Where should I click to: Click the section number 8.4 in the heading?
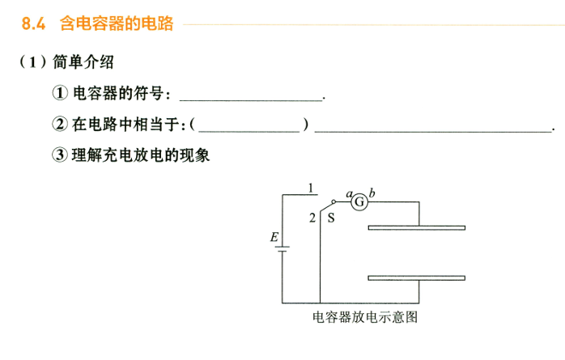[x=33, y=23]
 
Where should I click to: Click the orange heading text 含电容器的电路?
[x=117, y=23]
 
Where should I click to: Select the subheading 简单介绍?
[x=83, y=62]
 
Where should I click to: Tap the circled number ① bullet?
[x=60, y=93]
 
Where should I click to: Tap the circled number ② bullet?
[x=60, y=124]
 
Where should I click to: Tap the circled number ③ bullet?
[x=60, y=155]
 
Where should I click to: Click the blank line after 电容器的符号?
[x=251, y=100]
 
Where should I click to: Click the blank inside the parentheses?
[x=249, y=131]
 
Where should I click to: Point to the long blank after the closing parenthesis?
[x=433, y=131]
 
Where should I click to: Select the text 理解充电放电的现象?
[x=141, y=155]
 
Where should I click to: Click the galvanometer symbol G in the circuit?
[x=359, y=202]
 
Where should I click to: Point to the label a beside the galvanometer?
[x=349, y=194]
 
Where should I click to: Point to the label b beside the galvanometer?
[x=372, y=193]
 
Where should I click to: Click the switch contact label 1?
[x=311, y=188]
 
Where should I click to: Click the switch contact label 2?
[x=312, y=218]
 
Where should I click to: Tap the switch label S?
[x=331, y=218]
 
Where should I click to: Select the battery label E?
[x=274, y=237]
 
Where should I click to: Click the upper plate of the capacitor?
[x=417, y=227]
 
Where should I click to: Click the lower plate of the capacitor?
[x=417, y=278]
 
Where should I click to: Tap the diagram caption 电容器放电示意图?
[x=365, y=317]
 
